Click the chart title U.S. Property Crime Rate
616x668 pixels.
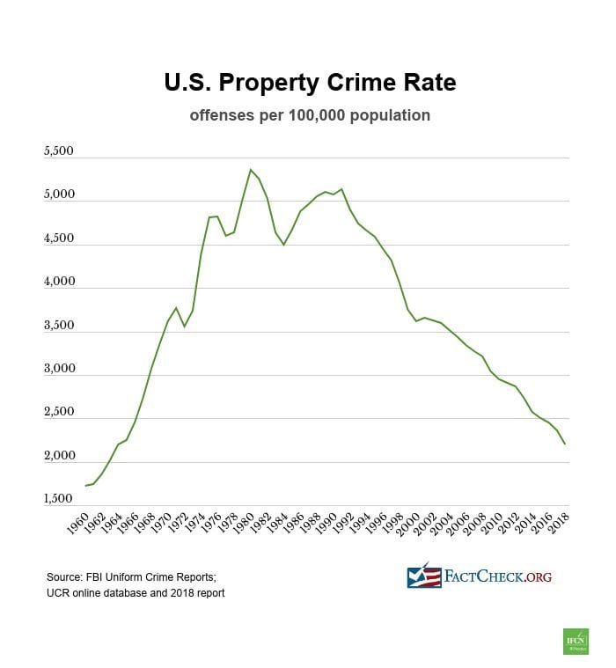click(x=310, y=83)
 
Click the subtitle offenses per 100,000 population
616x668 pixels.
click(x=310, y=115)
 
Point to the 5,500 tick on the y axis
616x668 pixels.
click(x=58, y=152)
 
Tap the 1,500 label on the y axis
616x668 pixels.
click(x=58, y=499)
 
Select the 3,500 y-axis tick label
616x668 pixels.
click(x=58, y=326)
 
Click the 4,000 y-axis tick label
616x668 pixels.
click(x=58, y=283)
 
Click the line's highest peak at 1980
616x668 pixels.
click(x=251, y=169)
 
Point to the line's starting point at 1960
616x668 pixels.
click(x=85, y=486)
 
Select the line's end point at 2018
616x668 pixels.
click(x=564, y=444)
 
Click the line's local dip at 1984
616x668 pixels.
click(x=283, y=245)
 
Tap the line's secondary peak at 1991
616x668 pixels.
click(x=341, y=188)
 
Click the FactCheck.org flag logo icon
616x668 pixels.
click(x=423, y=576)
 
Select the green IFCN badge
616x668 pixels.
click(x=575, y=641)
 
